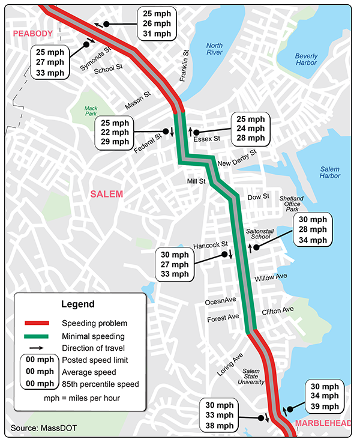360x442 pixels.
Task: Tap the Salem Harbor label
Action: tap(329, 172)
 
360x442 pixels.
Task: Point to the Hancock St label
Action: tap(212, 245)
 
